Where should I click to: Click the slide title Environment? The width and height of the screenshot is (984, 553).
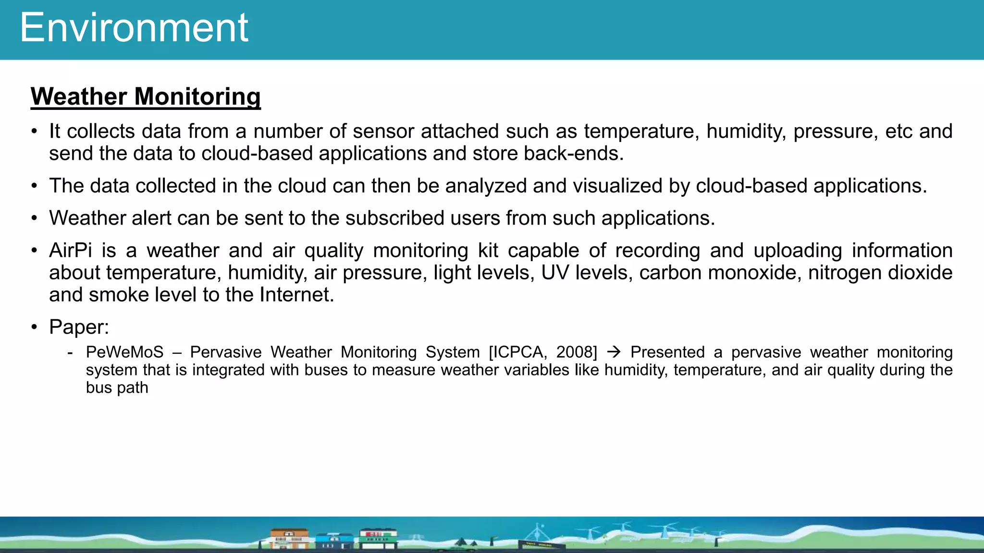134,28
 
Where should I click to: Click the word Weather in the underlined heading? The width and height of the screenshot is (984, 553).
79,96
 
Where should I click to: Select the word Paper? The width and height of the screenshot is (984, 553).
79,327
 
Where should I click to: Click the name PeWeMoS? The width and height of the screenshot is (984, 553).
125,352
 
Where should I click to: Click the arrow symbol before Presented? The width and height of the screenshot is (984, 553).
614,352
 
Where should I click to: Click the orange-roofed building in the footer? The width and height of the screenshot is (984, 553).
289,538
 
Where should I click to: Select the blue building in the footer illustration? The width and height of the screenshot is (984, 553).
334,541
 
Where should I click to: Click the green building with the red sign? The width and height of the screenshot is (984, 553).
379,538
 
